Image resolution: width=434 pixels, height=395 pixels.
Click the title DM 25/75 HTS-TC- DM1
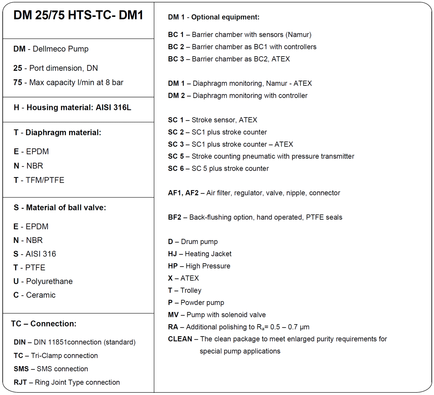78,15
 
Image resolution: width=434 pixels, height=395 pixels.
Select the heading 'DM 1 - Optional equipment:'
213,17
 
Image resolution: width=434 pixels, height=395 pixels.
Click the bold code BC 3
176,59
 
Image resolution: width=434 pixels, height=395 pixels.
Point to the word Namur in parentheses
298,35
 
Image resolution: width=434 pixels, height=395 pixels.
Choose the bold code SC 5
176,156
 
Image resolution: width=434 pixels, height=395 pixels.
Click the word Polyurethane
49,281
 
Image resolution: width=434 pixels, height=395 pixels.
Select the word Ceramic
41,295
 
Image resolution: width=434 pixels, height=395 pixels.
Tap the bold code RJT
20,382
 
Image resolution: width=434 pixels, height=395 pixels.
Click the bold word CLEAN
180,339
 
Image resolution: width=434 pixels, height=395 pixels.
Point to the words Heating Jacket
208,254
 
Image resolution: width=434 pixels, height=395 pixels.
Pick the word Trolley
191,290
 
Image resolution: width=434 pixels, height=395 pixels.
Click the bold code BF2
174,217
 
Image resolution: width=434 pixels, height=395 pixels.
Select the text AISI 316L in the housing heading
113,107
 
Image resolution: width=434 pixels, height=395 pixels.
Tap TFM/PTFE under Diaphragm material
45,180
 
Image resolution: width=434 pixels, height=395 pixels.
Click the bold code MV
173,315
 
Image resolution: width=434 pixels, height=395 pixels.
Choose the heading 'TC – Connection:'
44,323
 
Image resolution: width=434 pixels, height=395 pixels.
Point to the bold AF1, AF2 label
183,193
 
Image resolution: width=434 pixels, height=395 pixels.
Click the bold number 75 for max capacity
18,82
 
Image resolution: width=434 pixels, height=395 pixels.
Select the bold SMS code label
21,369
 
